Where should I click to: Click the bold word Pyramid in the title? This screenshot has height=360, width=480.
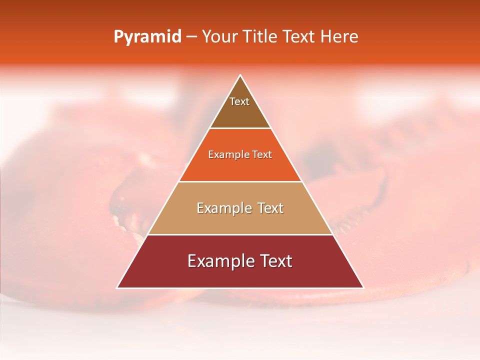pyautogui.click(x=147, y=37)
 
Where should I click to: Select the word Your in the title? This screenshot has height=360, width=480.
pyautogui.click(x=218, y=37)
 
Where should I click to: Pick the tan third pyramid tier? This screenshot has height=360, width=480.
pyautogui.click(x=240, y=220)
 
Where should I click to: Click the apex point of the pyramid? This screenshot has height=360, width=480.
pyautogui.click(x=240, y=75)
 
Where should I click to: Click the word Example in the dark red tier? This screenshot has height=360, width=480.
pyautogui.click(x=219, y=261)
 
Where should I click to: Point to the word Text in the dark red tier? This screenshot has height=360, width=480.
pyautogui.click(x=274, y=261)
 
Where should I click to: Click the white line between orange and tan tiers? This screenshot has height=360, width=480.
pyautogui.click(x=240, y=181)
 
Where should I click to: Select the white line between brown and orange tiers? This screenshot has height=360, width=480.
pyautogui.click(x=240, y=128)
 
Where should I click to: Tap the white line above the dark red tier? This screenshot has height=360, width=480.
pyautogui.click(x=240, y=234)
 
